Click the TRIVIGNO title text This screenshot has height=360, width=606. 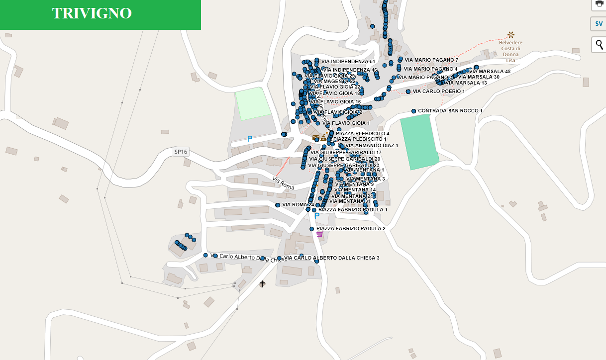click(92, 13)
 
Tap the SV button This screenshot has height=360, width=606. click(599, 23)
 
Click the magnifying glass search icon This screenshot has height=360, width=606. click(599, 45)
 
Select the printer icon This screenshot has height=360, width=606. click(599, 3)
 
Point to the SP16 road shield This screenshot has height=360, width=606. click(181, 152)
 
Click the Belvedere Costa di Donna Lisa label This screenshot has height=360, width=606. click(510, 51)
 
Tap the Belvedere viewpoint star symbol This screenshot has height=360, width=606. click(510, 34)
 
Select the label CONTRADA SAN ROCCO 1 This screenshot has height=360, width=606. click(450, 110)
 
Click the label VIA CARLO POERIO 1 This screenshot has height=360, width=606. click(439, 91)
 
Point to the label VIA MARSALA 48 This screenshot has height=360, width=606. click(490, 72)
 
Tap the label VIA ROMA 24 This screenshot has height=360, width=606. click(298, 205)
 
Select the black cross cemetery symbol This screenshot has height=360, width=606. click(262, 284)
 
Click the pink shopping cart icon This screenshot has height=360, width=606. click(319, 234)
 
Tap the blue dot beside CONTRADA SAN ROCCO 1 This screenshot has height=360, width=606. click(413, 111)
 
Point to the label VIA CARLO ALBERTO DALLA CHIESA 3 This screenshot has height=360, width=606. click(332, 258)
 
